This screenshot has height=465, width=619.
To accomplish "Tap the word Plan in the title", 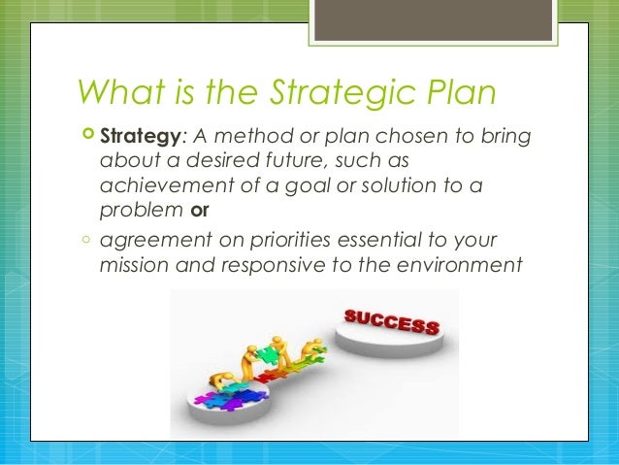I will [x=459, y=93].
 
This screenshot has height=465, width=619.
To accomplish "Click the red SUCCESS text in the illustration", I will [x=390, y=321].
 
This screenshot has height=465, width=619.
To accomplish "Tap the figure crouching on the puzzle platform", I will [x=225, y=381].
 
